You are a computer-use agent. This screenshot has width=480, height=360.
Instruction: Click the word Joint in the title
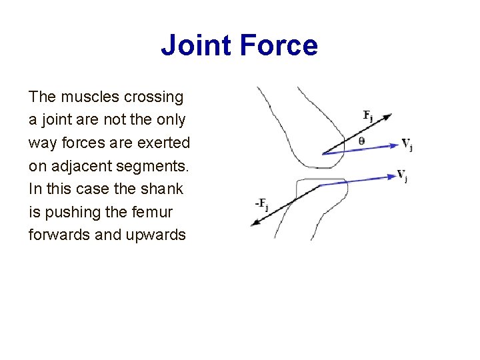196,45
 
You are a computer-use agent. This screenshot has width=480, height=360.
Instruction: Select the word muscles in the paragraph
90,97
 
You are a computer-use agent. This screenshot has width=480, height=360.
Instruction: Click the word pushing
69,212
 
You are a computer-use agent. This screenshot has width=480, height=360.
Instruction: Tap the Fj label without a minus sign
368,115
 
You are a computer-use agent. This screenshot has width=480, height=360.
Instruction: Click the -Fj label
261,203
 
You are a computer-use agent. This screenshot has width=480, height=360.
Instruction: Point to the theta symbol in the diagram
361,141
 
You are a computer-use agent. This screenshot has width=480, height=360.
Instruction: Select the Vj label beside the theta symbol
407,143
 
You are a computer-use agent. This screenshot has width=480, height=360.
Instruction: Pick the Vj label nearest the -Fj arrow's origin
403,175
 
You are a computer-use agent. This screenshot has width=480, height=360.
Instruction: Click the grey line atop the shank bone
323,179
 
